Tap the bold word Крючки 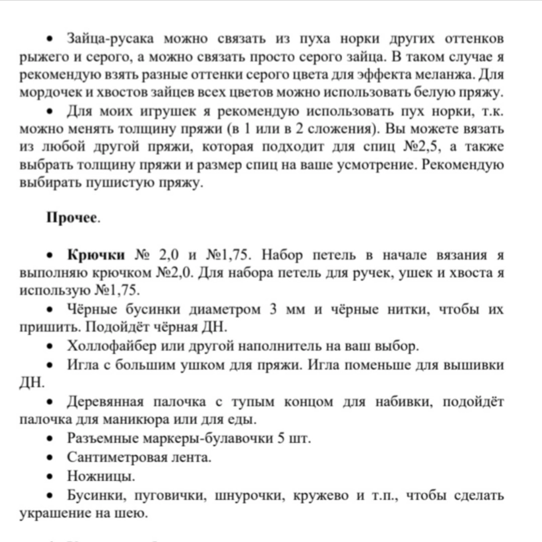[96, 255]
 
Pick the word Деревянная [105, 402]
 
